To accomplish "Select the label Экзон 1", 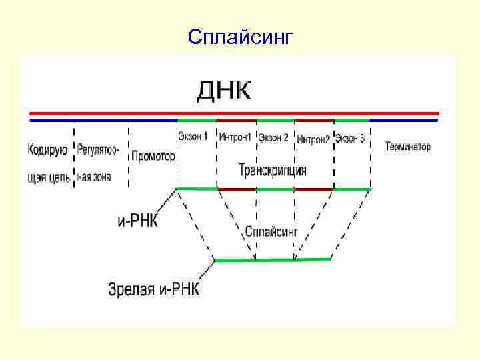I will click(x=193, y=137).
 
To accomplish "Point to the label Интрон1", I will click(x=235, y=138).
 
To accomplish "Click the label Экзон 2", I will click(x=274, y=138).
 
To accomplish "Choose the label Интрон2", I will click(x=313, y=139).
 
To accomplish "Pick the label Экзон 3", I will click(x=350, y=139).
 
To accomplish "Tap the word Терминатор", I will click(x=407, y=147).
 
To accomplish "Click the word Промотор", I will click(x=153, y=157).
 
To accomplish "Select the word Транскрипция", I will click(x=273, y=170).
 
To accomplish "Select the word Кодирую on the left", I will click(x=47, y=149).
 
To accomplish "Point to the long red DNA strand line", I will click(x=234, y=113).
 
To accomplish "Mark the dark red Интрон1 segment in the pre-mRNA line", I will click(x=237, y=189).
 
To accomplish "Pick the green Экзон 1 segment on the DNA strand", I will click(x=197, y=121).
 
